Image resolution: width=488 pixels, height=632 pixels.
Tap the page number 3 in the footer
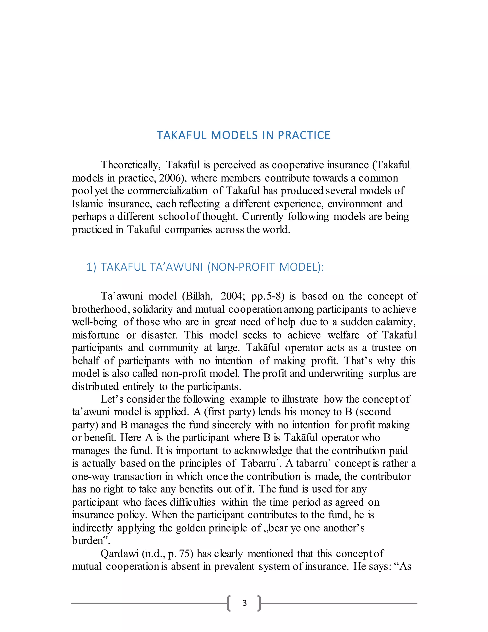click(x=244, y=603)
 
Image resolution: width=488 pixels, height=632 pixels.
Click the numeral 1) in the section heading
click(x=91, y=267)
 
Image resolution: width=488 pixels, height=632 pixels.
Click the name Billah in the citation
click(x=199, y=296)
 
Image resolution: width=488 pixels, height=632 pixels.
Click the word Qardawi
click(x=119, y=554)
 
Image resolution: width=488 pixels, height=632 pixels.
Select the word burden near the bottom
click(x=87, y=541)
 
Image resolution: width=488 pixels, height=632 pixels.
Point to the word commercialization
click(x=167, y=191)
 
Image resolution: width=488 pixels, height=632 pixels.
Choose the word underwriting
click(x=336, y=373)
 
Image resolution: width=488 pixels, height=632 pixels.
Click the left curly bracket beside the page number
click(x=229, y=603)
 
